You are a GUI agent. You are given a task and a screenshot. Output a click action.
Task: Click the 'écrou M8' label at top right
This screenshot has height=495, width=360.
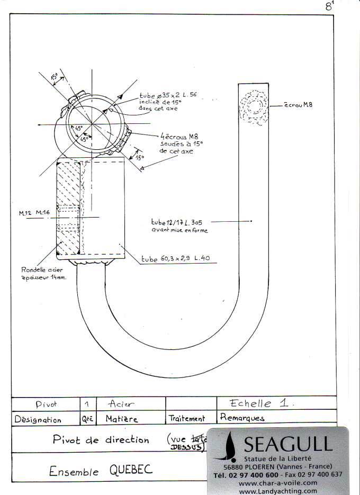point(298,105)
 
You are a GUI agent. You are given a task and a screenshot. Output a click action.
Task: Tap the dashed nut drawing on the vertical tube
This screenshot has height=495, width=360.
point(253,108)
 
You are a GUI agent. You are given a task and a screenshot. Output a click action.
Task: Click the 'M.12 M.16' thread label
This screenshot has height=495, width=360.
point(34,212)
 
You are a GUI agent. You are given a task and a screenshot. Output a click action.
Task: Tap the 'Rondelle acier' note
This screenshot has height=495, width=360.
point(43,269)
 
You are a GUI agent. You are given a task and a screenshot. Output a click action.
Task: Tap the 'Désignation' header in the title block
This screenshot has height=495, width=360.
point(38,419)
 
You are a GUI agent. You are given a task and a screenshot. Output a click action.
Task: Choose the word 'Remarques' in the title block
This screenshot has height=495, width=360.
point(242,418)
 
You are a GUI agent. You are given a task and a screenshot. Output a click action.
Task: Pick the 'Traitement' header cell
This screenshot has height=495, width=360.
point(186,418)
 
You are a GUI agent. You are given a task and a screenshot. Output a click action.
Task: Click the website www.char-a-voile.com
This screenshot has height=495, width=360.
point(278,483)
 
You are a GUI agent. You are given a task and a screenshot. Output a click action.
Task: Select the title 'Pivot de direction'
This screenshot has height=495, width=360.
point(101,439)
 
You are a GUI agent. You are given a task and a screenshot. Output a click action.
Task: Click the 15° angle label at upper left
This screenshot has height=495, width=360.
point(55,76)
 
